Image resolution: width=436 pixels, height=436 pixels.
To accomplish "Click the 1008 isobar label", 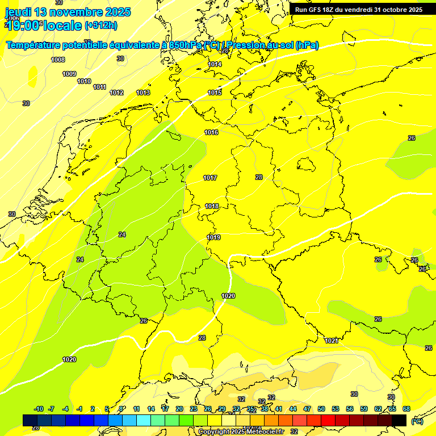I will (x=58, y=60).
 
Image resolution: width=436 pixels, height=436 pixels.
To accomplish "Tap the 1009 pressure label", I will (x=69, y=74).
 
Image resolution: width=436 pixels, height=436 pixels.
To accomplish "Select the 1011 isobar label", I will (x=100, y=87).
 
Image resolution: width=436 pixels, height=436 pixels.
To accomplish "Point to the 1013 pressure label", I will (x=143, y=93).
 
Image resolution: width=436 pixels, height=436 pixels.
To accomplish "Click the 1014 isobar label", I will (x=215, y=64).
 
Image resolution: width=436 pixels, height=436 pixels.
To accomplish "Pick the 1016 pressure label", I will (x=211, y=132).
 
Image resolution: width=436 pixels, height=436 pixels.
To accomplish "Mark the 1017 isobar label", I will (x=210, y=178).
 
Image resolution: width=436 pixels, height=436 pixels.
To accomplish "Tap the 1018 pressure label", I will (x=212, y=206).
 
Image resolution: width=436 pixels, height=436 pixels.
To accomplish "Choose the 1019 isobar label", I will (x=213, y=237).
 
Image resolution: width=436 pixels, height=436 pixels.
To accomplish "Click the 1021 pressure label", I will (x=332, y=341).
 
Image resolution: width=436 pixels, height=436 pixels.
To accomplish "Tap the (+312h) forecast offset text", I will (x=100, y=25).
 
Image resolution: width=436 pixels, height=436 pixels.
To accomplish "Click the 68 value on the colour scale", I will (x=406, y=409).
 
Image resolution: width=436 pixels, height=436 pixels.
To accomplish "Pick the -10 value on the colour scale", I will (x=39, y=409).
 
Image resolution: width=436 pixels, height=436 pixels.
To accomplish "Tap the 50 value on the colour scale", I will (x=321, y=409).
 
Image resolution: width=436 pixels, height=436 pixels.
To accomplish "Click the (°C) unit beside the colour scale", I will (x=417, y=421).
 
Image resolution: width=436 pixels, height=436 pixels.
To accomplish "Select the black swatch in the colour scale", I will (x=399, y=420).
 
